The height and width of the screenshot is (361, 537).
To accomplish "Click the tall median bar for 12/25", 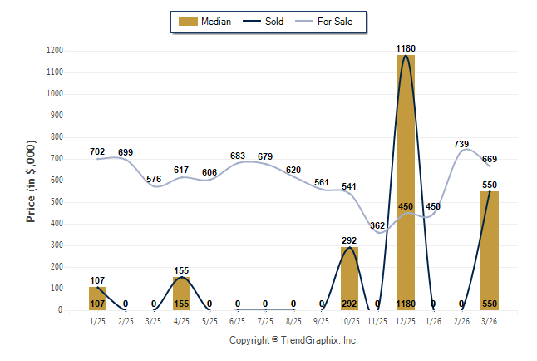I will (x=406, y=183).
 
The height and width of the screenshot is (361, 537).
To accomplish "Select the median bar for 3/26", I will (x=490, y=250).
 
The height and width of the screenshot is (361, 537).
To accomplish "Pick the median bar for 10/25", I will (x=349, y=279).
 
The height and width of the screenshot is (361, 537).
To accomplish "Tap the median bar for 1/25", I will (x=98, y=299).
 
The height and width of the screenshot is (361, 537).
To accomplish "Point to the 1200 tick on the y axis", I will (x=54, y=51).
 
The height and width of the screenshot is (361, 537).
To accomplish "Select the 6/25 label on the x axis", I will (x=238, y=321).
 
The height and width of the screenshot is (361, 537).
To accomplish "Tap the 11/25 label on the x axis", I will (x=377, y=321).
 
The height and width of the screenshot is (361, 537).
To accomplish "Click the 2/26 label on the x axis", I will (x=461, y=321).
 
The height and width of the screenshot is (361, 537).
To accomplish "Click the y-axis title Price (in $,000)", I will (x=32, y=180).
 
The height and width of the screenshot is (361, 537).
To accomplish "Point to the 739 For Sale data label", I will (x=461, y=145).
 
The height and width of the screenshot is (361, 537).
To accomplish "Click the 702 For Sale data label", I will (x=97, y=151).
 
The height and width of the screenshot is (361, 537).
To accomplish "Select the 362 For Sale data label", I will (x=377, y=225).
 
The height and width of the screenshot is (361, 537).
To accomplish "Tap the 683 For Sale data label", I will (x=238, y=156).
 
